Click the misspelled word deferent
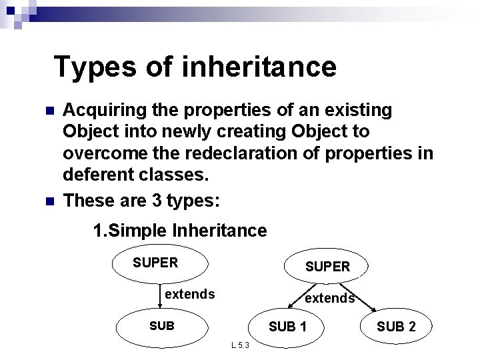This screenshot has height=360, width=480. click(94, 177)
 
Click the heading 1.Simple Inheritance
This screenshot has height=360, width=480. click(180, 231)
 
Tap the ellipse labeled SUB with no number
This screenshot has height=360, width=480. click(163, 327)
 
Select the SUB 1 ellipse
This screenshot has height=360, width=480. click(287, 327)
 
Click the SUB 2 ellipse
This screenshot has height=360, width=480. click(396, 327)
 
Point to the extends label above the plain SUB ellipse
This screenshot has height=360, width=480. click(189, 293)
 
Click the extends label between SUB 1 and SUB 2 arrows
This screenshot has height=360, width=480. click(329, 298)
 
